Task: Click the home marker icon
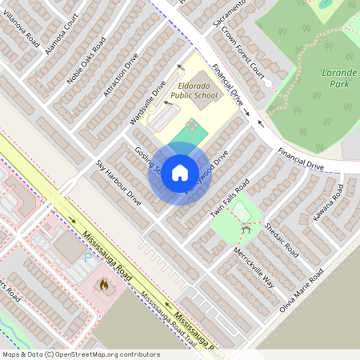[x=180, y=172]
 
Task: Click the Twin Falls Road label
[x=230, y=199]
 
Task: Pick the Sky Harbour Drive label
[x=118, y=183]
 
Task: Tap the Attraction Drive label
[x=121, y=75]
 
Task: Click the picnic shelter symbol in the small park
[x=247, y=229]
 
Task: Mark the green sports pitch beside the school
[x=194, y=128]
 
